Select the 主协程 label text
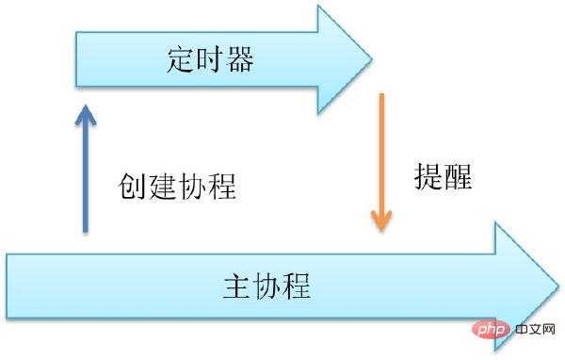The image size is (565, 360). (x=267, y=284)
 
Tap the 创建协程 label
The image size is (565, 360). (x=177, y=185)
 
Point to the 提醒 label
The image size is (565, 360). (x=443, y=175)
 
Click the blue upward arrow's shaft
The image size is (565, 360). (x=85, y=179)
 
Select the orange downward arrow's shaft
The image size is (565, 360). (x=380, y=151)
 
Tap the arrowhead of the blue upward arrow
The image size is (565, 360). (x=85, y=115)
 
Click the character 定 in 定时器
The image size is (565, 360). (x=181, y=63)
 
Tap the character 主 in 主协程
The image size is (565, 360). (x=238, y=284)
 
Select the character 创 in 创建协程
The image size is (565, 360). (x=134, y=185)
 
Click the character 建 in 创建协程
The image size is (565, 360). (x=163, y=185)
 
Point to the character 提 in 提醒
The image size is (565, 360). (x=428, y=175)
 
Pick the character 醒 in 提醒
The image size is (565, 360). (x=458, y=175)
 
